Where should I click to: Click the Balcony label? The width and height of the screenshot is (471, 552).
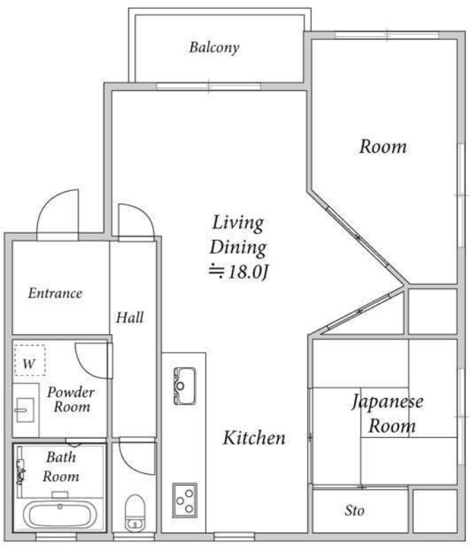214,48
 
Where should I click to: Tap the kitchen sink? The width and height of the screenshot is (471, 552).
184,386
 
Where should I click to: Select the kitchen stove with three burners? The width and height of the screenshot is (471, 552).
184,498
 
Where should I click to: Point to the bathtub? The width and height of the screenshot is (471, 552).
59,514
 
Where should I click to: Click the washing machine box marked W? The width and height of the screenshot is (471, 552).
30,361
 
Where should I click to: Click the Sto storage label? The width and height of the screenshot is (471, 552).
354,511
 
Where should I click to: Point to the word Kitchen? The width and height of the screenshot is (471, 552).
253,437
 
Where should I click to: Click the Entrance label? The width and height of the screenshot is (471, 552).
55,293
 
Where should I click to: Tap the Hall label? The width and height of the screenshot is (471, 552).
130,317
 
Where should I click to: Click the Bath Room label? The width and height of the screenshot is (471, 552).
61,466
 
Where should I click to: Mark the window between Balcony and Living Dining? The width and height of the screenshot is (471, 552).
208,86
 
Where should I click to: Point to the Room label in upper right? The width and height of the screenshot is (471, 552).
383,147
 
